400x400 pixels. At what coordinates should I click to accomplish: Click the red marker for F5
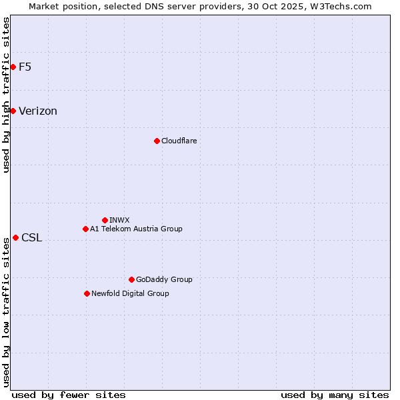(x=13, y=67)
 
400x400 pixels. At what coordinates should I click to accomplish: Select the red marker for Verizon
(x=13, y=111)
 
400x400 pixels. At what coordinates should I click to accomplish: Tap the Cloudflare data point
(x=157, y=141)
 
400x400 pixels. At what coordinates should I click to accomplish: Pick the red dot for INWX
(x=105, y=220)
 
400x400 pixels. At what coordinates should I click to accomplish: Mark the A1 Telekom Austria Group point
(x=85, y=229)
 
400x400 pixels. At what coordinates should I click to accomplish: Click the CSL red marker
(x=15, y=237)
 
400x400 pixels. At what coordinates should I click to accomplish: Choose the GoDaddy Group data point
(x=131, y=279)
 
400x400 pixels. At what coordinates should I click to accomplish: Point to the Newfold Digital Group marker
(x=87, y=293)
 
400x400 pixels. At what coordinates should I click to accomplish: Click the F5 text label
(x=25, y=67)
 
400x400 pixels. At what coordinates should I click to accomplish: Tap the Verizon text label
(x=38, y=111)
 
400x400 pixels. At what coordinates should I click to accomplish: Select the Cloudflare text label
(x=179, y=141)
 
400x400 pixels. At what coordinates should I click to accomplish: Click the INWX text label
(x=119, y=220)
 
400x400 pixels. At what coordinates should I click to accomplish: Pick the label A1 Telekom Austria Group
(x=136, y=229)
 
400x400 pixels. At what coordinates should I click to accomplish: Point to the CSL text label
(x=31, y=238)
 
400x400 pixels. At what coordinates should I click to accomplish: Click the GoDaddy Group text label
(x=164, y=279)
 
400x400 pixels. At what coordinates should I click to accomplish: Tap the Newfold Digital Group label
(x=130, y=293)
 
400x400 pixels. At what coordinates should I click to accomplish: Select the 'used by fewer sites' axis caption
(x=69, y=395)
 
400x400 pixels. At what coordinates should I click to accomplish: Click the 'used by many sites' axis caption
(x=335, y=395)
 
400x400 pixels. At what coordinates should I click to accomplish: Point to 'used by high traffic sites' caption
(x=6, y=95)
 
